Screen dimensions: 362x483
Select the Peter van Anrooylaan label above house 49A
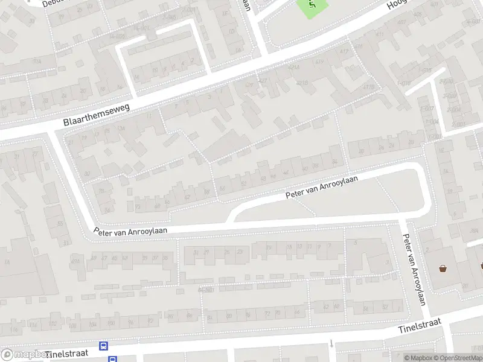[130, 230]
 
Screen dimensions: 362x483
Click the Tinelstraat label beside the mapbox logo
[66, 352]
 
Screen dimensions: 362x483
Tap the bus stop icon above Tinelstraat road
[104, 346]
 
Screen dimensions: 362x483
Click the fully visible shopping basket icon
[443, 268]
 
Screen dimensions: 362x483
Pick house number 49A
[75, 260]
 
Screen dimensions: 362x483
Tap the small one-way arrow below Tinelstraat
[331, 344]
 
